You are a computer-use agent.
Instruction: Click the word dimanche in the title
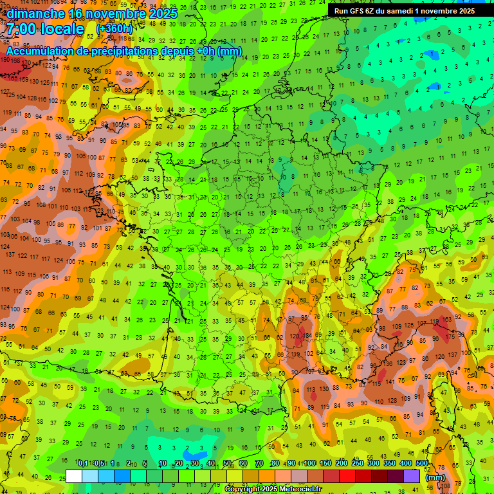coord(35,13)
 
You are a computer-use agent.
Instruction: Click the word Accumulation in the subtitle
coord(44,51)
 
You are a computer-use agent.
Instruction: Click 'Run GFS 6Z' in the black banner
coord(356,11)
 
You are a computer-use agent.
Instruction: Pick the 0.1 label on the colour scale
coord(82,464)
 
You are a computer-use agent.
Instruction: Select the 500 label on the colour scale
coord(422,464)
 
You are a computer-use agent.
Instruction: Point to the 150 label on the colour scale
coord(325,464)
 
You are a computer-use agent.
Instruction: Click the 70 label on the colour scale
coord(259,464)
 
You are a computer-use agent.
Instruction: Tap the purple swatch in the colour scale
coord(411,476)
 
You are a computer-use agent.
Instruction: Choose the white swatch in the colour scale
coord(74,476)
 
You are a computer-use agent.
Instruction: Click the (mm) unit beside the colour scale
coord(436,477)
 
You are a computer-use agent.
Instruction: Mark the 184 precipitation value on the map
coord(308,335)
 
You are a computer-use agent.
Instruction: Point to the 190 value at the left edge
coord(5,59)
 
